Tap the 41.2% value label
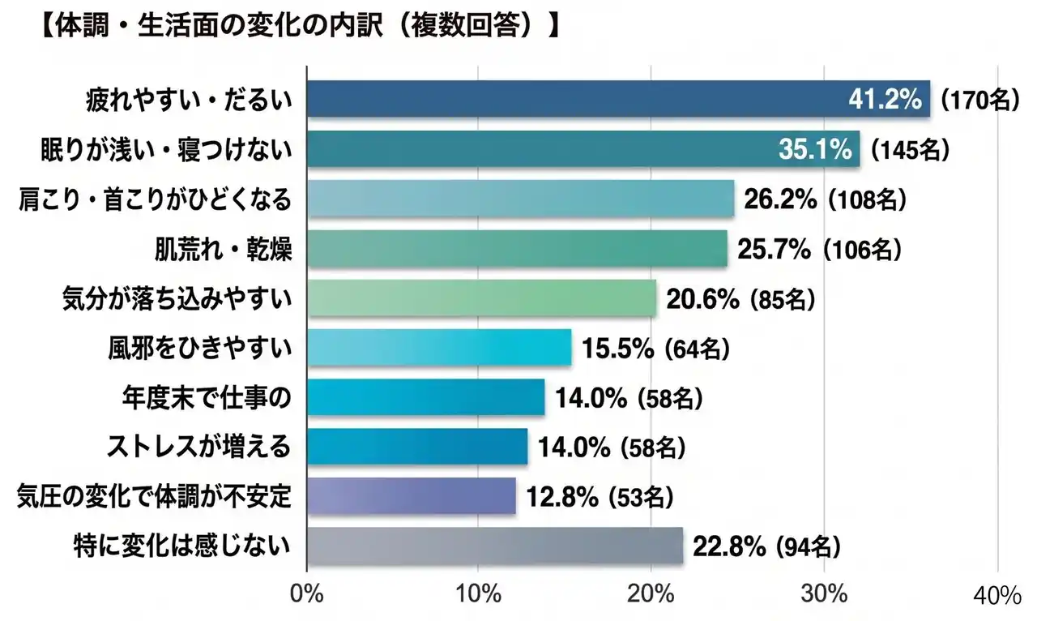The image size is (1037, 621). click(885, 100)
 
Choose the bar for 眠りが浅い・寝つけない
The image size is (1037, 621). click(583, 149)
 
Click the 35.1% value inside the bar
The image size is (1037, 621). click(814, 149)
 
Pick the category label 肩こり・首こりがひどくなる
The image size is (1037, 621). click(154, 199)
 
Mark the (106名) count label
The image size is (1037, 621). click(861, 250)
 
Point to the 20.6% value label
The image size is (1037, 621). click(702, 299)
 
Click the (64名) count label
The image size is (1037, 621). click(698, 349)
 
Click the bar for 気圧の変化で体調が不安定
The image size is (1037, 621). click(412, 496)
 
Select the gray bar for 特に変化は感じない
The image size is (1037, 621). click(495, 546)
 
